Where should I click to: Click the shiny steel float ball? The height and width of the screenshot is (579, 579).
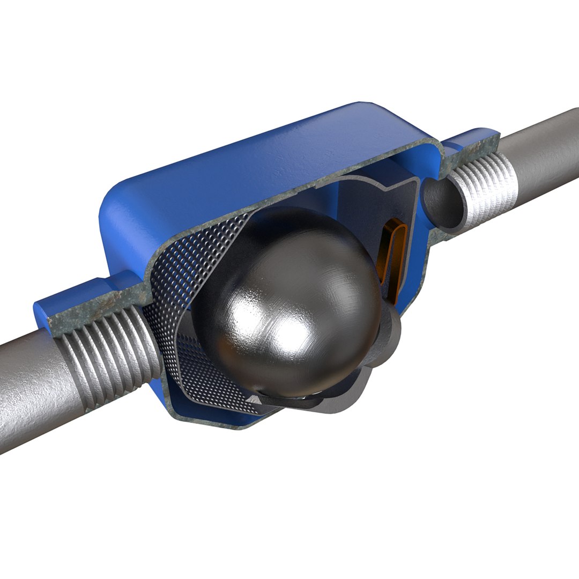coord(289,300)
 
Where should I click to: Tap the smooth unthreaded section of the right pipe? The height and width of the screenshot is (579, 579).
coord(547,155)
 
